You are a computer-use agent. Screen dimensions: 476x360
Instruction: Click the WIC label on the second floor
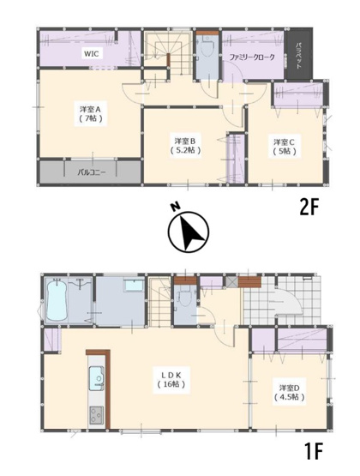[91, 54]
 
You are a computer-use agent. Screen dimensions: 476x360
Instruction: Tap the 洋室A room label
[91, 113]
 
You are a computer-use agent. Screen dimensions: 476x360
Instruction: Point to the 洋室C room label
[285, 145]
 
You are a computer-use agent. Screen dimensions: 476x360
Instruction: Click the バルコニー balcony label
[90, 172]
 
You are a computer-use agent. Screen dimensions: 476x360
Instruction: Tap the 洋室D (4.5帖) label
[289, 392]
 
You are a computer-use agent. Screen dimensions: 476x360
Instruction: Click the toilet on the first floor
[185, 298]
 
